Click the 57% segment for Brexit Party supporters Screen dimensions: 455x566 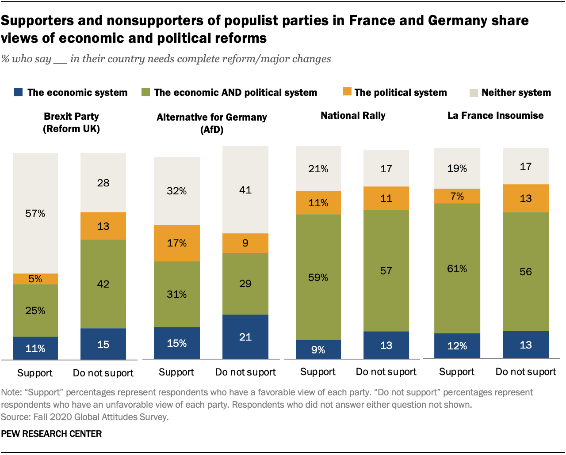coord(35,213)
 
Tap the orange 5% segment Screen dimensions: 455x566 coord(35,279)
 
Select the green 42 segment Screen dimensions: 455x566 coord(103,284)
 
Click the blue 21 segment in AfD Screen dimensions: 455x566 coord(245,337)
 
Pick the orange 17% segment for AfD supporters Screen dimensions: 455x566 coord(176,243)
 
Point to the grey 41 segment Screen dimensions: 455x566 coord(245,190)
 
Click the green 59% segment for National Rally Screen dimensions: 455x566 coord(318,277)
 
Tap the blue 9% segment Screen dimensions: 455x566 coord(318,349)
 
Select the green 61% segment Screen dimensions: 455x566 coord(457,268)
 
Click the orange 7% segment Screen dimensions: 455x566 coord(457,196)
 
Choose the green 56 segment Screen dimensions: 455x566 coord(525,271)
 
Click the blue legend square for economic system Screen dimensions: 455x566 coord(19,92)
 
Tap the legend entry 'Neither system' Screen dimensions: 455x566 coord(516,92)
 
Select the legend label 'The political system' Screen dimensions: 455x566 coord(400,92)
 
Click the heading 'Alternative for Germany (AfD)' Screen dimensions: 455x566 coord(212,123)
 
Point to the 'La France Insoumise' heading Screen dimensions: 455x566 coord(495,115)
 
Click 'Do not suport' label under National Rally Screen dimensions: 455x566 coord(386,372)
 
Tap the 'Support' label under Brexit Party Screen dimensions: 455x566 coord(35,373)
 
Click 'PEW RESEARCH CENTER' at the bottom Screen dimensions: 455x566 coord(51,434)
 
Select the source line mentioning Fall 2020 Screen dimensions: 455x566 coord(84,417)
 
